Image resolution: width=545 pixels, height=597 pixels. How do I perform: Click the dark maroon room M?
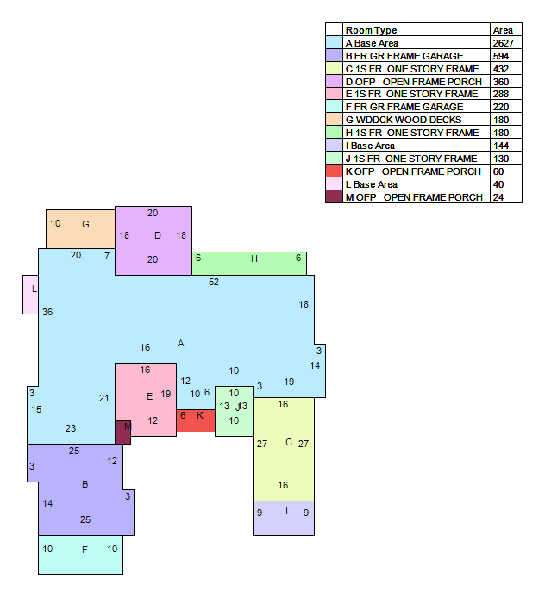click(122, 432)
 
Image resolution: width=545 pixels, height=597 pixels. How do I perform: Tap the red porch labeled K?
click(196, 420)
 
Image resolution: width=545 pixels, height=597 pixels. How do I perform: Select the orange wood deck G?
click(80, 229)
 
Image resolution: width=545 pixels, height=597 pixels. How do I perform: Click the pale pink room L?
click(30, 295)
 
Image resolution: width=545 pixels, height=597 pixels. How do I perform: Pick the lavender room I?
click(284, 519)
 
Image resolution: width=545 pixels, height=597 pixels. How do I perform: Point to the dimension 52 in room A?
click(214, 282)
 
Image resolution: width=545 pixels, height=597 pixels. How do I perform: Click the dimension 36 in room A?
click(47, 312)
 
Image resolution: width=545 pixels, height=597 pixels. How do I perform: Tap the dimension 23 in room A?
click(71, 428)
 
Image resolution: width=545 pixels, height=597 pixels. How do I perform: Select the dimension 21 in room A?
click(103, 398)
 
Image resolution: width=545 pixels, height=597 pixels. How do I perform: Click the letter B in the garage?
click(85, 484)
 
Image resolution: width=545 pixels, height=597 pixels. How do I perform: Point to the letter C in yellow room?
click(289, 442)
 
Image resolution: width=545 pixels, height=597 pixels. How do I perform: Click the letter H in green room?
click(254, 259)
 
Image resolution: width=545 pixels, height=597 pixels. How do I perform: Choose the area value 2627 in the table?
click(504, 43)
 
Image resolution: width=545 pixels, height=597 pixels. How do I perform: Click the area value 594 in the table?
click(501, 56)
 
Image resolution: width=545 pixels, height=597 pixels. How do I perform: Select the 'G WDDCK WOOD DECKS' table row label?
click(404, 120)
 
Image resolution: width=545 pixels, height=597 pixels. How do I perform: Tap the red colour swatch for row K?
click(334, 171)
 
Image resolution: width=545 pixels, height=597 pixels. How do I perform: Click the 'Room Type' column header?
click(371, 30)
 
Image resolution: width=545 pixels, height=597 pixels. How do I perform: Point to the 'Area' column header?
click(503, 30)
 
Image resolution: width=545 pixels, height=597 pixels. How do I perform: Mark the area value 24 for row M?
click(498, 197)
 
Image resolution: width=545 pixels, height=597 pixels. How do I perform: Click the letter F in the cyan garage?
click(85, 550)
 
